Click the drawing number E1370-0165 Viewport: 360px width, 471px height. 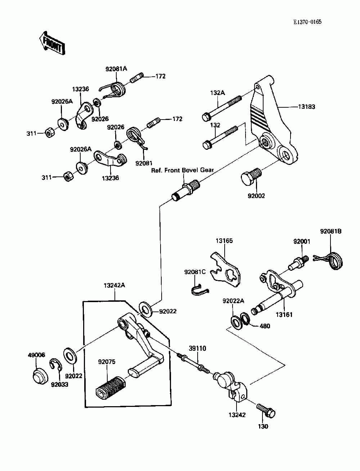coord(307,22)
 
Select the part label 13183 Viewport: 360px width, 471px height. coord(307,107)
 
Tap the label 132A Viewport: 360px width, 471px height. coord(217,93)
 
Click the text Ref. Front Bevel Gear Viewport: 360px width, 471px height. coord(183,170)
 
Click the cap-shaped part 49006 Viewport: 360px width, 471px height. coord(40,376)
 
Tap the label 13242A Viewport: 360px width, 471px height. coord(114,286)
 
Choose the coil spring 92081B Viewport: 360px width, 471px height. coord(330,261)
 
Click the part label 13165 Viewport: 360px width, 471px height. coord(224,241)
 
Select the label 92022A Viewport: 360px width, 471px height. coord(233,301)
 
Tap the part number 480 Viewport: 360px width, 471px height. coord(265,326)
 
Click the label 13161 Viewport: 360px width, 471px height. coord(284,315)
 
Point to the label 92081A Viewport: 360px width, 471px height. coord(116,69)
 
